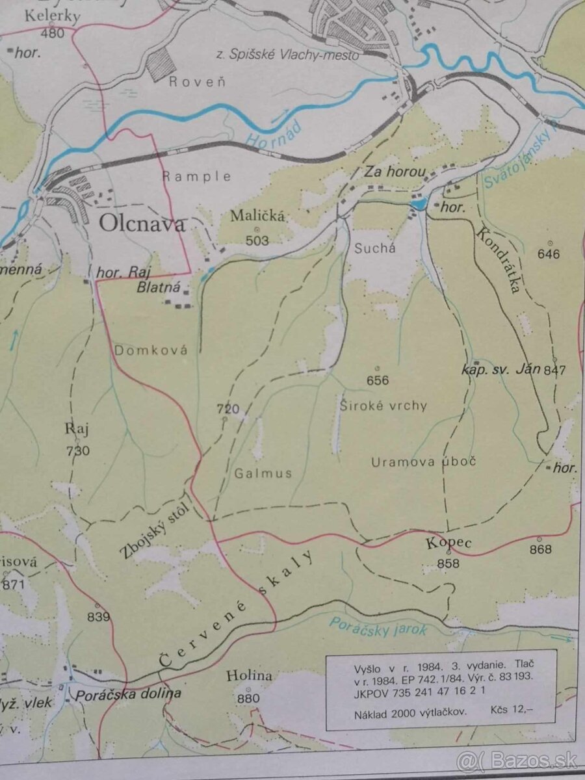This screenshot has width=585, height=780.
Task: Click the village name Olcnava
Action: (142, 224)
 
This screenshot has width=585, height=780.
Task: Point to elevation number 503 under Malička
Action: (257, 240)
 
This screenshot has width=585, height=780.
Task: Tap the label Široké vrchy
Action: (383, 406)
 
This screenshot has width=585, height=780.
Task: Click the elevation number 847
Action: (555, 370)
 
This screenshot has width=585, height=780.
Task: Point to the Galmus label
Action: (264, 473)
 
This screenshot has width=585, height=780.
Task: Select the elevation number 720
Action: (228, 409)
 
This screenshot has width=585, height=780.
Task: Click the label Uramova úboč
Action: (424, 461)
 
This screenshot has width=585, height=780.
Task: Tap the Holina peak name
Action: (249, 676)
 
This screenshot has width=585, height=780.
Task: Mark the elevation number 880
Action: (248, 698)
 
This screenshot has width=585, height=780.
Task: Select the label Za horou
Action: (395, 173)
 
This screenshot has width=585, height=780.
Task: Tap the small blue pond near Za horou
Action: (418, 205)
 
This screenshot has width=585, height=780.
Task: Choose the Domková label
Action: (151, 350)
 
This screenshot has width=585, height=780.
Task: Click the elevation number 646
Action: (549, 253)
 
